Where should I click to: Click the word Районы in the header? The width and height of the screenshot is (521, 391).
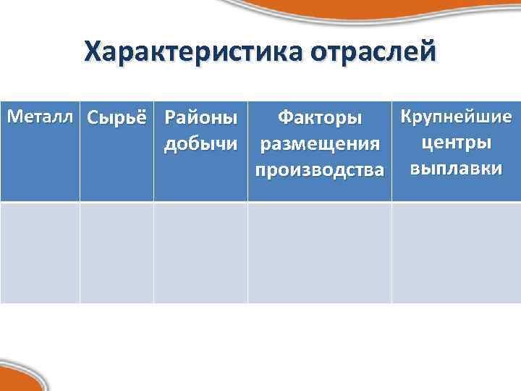pos(200,117)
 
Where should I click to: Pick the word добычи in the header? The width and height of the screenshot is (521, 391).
pos(200,143)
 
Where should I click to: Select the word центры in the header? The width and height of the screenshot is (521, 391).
pos(456,142)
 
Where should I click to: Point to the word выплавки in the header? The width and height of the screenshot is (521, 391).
pos(456,169)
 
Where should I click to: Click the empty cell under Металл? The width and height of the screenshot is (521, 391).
pos(40,253)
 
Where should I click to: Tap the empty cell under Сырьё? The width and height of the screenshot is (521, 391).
pos(117,253)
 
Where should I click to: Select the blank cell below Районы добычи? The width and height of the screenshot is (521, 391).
pos(200,253)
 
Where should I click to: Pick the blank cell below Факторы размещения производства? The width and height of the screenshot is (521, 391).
pos(320,253)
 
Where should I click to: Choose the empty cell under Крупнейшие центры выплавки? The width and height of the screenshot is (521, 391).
pos(456,253)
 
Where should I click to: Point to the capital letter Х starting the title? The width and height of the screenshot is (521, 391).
pos(93,53)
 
